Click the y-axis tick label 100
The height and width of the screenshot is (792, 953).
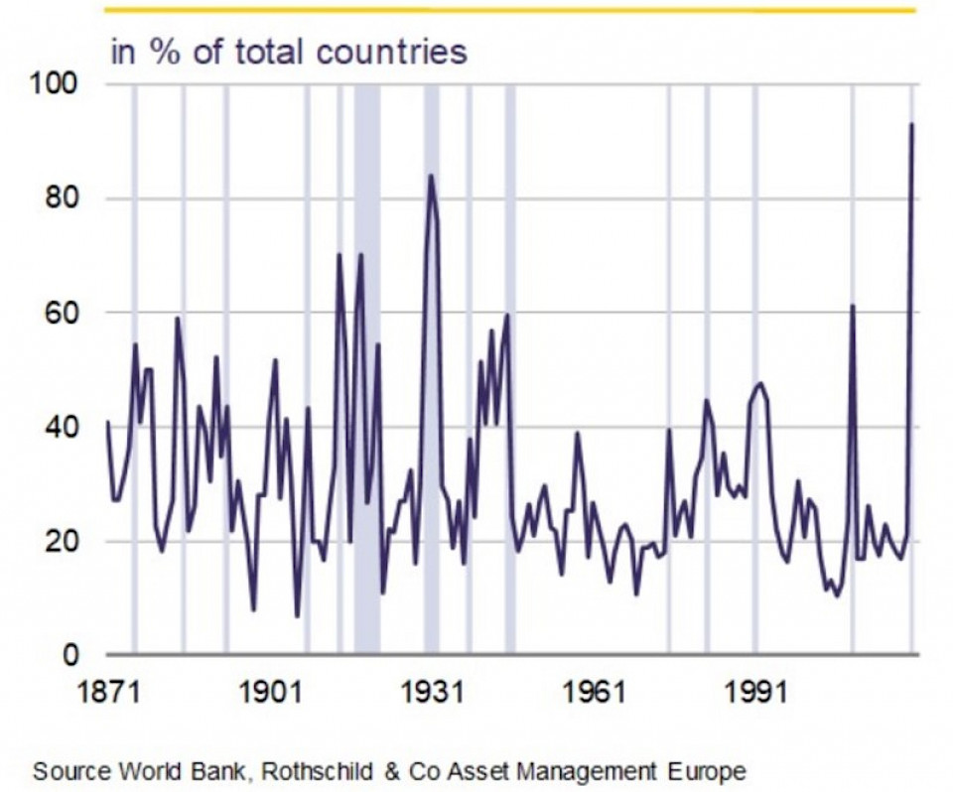[x=58, y=85]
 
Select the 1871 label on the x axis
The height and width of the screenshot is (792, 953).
[x=107, y=692]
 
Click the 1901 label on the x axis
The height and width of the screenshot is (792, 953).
[x=270, y=692]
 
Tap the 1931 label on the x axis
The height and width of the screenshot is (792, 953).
[x=433, y=692]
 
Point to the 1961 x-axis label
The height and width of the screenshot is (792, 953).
[x=595, y=692]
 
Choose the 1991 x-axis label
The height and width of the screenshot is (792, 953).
[x=756, y=692]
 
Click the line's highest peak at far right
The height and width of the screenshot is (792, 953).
[x=911, y=124]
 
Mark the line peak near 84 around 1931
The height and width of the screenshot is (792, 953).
[x=431, y=176]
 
